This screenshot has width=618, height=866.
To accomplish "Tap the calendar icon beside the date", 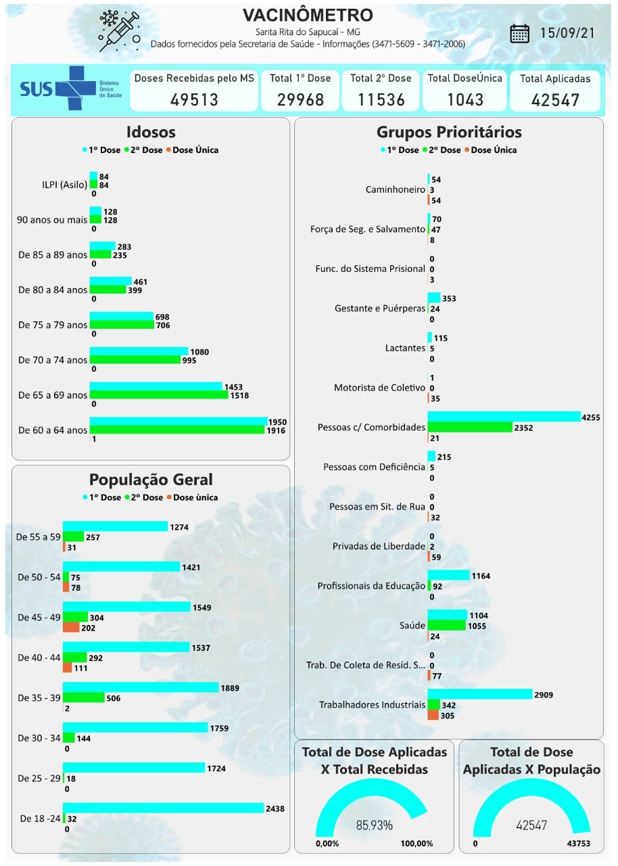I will coord(519,33).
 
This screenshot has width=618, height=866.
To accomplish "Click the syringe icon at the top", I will coord(118,30).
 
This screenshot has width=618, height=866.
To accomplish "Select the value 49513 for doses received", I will coord(194,99).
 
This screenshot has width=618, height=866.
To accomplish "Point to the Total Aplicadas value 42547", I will coord(555,100).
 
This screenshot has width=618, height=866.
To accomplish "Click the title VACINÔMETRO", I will coord(308,15).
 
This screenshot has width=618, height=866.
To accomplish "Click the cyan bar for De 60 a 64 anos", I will coord(179,421).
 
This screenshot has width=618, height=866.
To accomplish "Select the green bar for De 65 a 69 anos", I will coord(159,394).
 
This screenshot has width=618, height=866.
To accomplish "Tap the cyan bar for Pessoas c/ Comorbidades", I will coord(504,417).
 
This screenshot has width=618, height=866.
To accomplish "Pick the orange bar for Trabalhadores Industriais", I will coord(433,715).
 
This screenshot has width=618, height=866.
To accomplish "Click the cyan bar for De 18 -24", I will coord(163,808).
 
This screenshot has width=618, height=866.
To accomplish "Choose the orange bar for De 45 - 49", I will coord(71,627).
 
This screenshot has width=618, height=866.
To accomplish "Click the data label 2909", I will coord(546,695).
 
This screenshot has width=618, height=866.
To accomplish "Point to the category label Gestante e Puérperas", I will coord(380,309).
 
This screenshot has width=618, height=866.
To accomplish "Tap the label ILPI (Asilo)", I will coord(60,185).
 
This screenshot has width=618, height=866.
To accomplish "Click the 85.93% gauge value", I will coord(374,825).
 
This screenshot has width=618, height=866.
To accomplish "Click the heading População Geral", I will coord(151,480).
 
